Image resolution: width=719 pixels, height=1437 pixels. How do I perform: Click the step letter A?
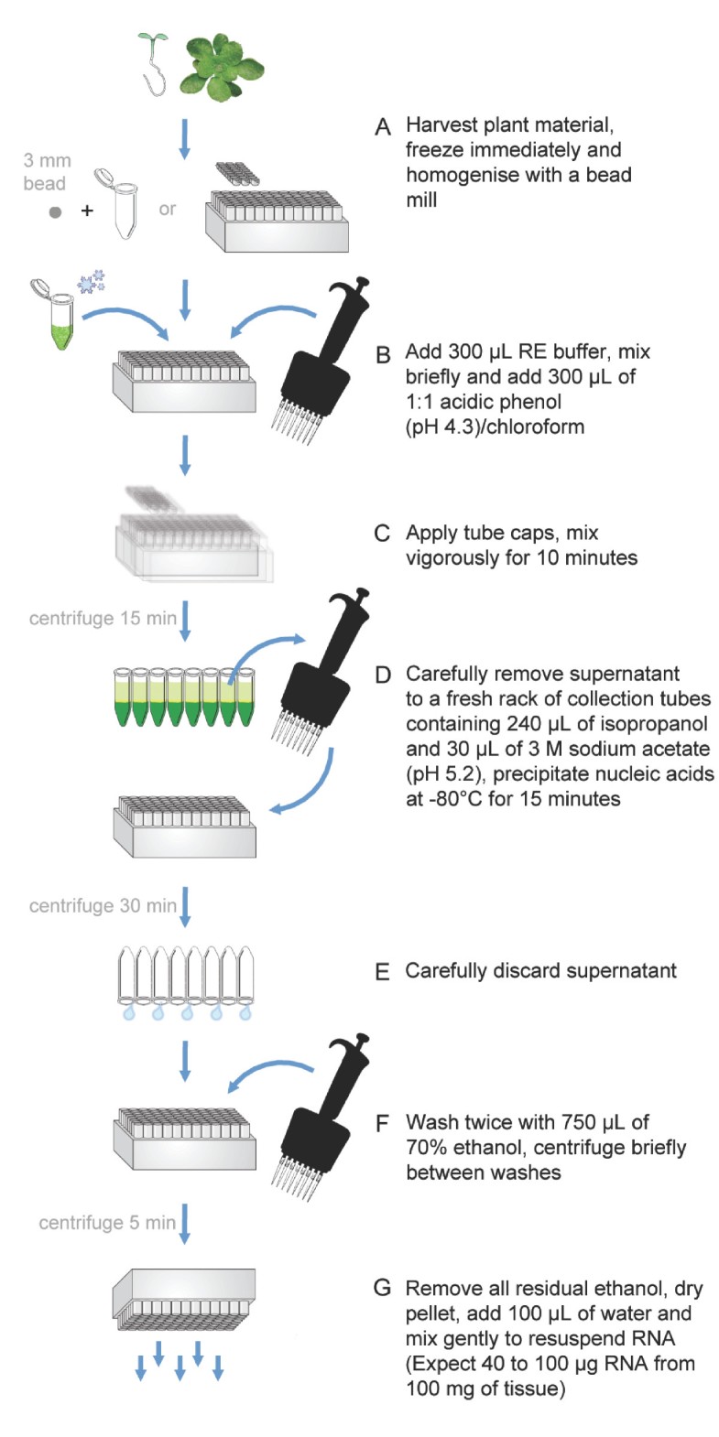tap(383, 126)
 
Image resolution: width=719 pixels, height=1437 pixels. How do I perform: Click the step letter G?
tap(383, 1289)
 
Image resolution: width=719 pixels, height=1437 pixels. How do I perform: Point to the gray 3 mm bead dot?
tap(56, 212)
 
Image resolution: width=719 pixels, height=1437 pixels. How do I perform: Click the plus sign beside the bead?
tap(87, 211)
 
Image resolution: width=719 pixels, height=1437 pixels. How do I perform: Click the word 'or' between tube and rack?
tap(167, 209)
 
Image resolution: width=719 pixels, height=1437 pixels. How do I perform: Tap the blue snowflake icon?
tap(93, 281)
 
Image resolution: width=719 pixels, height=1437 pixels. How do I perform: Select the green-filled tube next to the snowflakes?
tap(60, 317)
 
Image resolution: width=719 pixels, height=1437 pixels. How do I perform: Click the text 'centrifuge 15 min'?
tap(103, 619)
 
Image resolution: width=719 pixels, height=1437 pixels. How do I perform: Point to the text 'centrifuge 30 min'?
tap(103, 906)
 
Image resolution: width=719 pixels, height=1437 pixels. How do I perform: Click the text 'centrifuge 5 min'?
tap(107, 1223)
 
